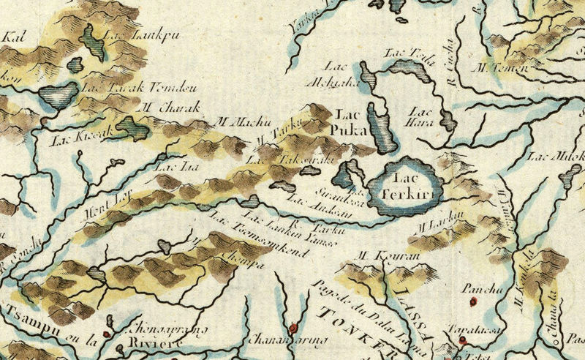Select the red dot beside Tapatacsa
tap(462, 340)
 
